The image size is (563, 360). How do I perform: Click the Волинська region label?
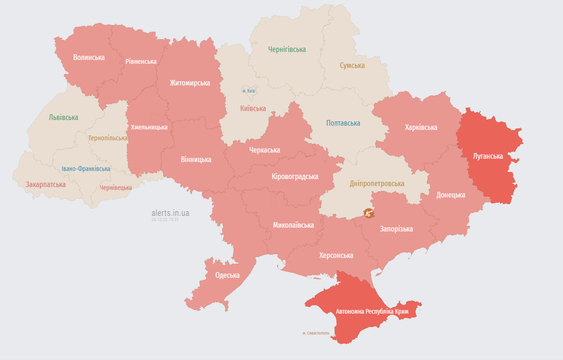(x=89, y=57)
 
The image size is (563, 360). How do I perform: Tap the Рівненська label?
(x=141, y=61)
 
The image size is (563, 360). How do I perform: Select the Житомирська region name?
(x=190, y=83)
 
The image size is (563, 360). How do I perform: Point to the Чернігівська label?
(x=287, y=49)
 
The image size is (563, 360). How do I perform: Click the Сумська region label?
(x=352, y=66)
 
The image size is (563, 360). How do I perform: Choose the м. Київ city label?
(x=249, y=90)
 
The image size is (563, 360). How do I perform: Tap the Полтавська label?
(x=343, y=123)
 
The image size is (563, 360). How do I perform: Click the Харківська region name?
(x=421, y=127)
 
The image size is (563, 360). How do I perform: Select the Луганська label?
(x=488, y=155)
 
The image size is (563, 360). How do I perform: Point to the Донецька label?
(x=450, y=195)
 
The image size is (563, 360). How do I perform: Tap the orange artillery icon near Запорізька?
(x=369, y=213)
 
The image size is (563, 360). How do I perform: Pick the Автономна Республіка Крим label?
(x=372, y=312)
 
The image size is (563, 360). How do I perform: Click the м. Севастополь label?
(x=316, y=333)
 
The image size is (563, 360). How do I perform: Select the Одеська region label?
(x=227, y=275)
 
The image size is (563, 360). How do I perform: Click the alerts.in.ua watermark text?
(x=170, y=213)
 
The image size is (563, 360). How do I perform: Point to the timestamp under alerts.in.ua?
(x=165, y=220)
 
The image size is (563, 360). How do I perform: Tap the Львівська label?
(x=63, y=117)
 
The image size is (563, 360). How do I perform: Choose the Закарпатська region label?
(x=45, y=184)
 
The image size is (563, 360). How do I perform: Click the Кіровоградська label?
(x=295, y=176)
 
